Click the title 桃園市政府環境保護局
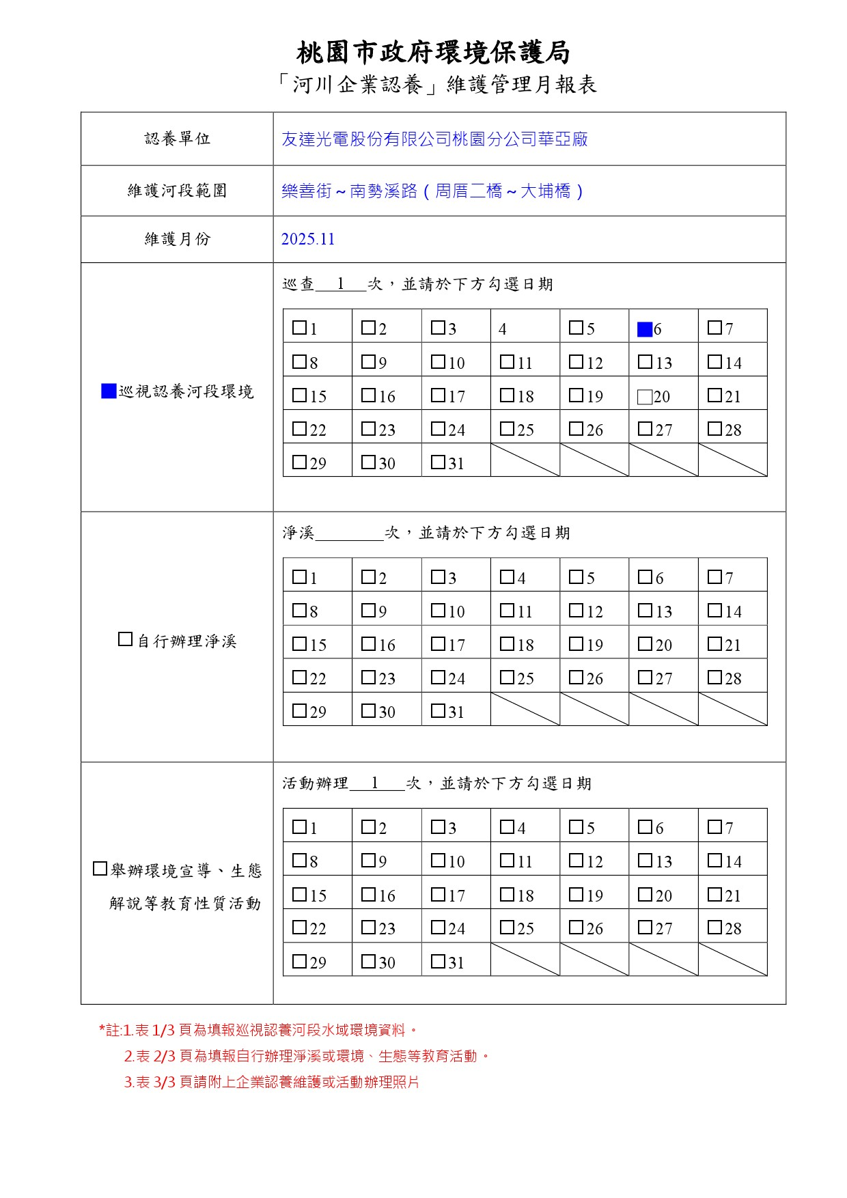(433, 53)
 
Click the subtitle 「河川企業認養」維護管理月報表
(438, 85)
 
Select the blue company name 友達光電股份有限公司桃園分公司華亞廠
(434, 139)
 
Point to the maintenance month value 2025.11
(308, 239)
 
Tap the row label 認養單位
(178, 139)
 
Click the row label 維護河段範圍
(178, 191)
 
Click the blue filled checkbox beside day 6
(644, 329)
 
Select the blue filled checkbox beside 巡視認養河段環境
(109, 391)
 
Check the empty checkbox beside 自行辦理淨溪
(125, 639)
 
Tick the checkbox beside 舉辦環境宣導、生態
(100, 869)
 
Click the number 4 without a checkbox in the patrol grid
(502, 329)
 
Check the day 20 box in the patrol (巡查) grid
(644, 397)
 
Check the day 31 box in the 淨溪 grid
(438, 710)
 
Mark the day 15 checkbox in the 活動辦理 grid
(299, 893)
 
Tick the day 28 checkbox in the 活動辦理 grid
(714, 927)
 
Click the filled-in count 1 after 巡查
(340, 284)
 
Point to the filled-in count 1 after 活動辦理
(375, 783)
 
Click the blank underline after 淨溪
(349, 533)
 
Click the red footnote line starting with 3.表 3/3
(271, 1082)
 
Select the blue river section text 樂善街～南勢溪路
(349, 191)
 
